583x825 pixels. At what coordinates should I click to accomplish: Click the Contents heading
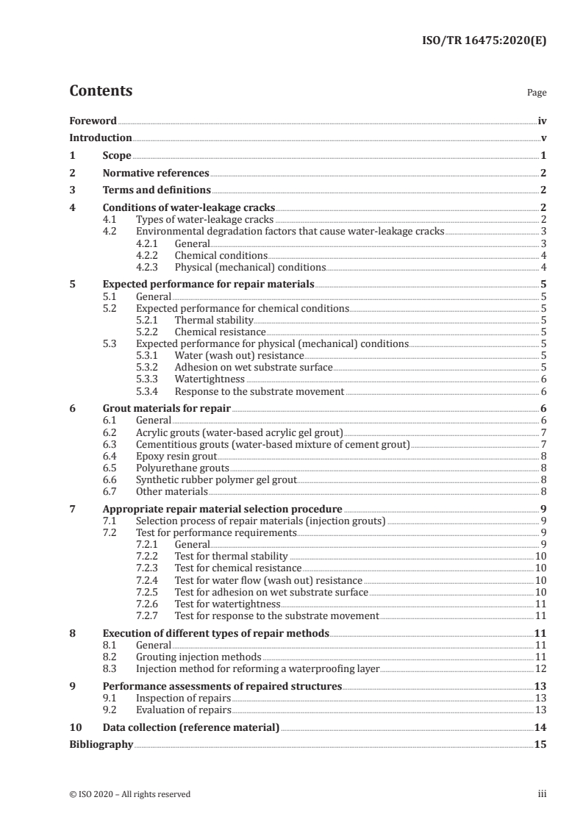(101, 91)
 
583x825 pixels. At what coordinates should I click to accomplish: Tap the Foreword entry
(93, 121)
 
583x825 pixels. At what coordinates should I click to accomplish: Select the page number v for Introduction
(543, 138)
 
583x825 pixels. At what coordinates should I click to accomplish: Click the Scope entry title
(117, 156)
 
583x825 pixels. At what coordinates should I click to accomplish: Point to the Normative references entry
(156, 174)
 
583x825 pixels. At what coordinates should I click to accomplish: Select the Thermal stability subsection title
(213, 320)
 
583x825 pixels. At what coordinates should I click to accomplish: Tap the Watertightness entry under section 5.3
(210, 379)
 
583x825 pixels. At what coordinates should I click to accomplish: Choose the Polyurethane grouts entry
(182, 468)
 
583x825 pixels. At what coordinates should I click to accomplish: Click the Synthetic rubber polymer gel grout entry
(216, 479)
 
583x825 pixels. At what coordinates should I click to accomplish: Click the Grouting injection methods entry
(198, 657)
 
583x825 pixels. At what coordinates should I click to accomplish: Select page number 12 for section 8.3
(540, 668)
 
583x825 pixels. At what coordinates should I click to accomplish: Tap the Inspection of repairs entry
(183, 698)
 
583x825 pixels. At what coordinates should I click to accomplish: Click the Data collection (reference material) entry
(191, 727)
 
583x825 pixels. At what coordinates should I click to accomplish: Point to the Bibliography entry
(101, 745)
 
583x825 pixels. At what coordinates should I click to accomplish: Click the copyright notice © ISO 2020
(129, 794)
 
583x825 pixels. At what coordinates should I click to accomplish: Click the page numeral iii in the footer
(542, 794)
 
